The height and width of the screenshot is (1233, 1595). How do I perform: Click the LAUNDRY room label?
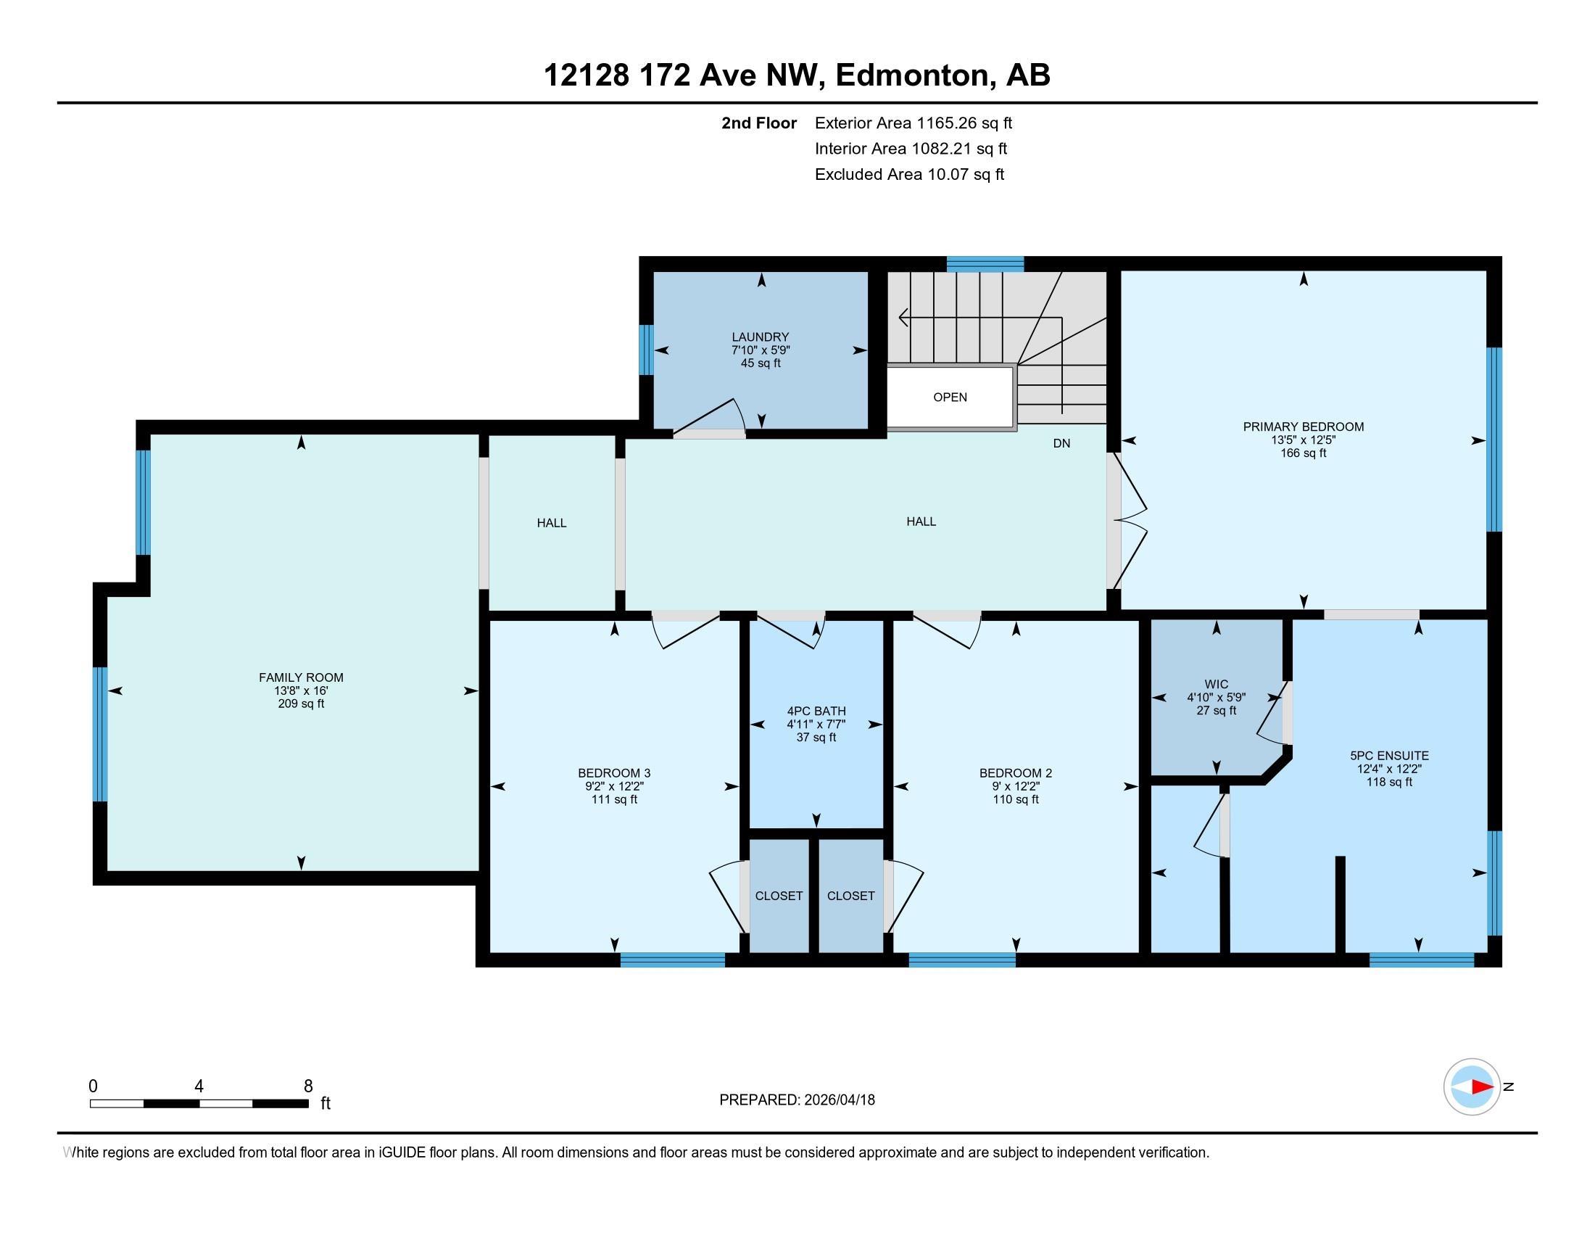point(761,337)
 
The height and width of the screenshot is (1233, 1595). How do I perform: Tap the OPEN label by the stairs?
point(950,397)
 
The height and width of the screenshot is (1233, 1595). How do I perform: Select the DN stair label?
point(1061,443)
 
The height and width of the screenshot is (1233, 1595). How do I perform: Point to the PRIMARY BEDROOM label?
point(1304,426)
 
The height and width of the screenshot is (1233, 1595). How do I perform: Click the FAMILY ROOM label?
point(301,678)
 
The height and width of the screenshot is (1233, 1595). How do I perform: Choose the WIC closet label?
point(1216,685)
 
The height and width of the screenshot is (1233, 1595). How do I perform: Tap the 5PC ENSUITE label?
point(1389,756)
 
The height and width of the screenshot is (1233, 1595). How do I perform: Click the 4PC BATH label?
point(816,712)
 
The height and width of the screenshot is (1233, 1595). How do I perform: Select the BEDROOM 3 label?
point(614,774)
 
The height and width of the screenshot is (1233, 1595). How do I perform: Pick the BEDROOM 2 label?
point(1016,774)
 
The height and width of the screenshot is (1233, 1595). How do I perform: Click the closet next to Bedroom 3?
point(779,896)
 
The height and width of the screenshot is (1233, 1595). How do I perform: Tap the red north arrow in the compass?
point(1481,1087)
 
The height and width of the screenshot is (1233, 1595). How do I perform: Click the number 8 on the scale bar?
point(308,1086)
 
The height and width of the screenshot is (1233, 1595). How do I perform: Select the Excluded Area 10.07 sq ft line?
point(910,175)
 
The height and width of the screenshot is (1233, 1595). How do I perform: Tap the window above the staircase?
point(985,264)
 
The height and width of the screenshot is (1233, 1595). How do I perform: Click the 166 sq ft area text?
point(1304,453)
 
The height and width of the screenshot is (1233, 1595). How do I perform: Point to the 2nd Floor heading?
point(759,123)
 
